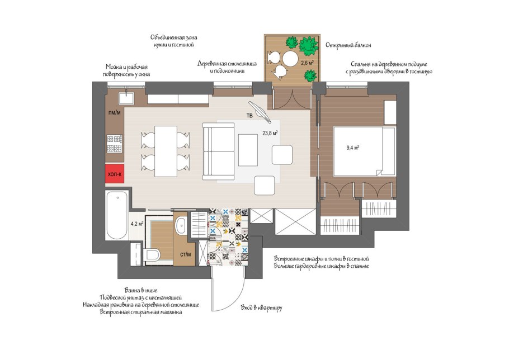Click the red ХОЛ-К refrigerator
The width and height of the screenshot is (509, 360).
tap(115, 173)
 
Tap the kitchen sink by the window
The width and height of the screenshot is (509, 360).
tap(126, 98)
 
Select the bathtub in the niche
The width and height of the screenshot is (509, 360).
tap(117, 215)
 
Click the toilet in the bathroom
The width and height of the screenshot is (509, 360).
tap(152, 254)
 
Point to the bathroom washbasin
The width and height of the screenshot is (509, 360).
tap(181, 224)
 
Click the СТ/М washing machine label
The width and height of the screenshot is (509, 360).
tap(186, 254)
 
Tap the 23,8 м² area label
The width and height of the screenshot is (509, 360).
tap(270, 132)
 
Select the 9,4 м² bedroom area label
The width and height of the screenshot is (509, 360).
tap(352, 148)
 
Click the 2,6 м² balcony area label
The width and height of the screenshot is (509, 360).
tap(307, 63)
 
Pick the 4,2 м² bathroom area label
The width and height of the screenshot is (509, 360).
tap(137, 224)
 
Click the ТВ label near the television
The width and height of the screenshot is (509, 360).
tap(249, 116)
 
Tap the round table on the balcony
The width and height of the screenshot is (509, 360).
tap(290, 59)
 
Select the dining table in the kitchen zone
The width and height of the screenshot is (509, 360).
tap(166, 151)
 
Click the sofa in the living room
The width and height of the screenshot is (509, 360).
tap(219, 151)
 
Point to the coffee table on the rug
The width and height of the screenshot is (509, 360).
tap(248, 150)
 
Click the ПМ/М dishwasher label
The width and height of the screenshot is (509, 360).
tap(115, 113)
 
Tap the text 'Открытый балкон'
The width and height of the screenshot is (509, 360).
tap(348, 45)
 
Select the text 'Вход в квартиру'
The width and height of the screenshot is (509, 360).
tap(262, 308)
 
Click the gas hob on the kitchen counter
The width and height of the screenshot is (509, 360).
tap(115, 144)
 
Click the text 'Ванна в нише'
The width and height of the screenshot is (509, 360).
tap(141, 290)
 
